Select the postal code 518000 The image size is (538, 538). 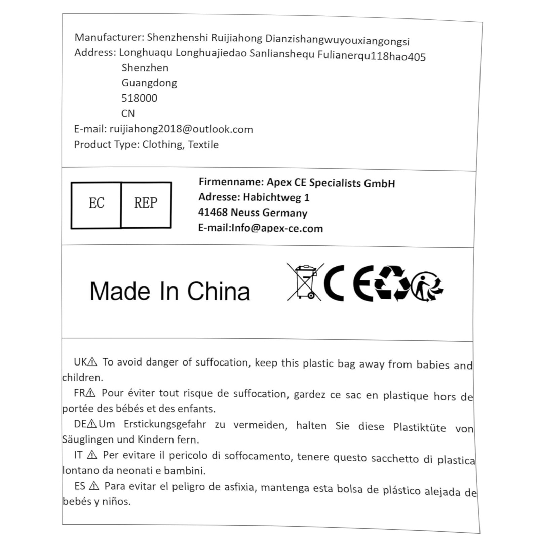(139, 98)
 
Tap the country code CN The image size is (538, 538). (128, 113)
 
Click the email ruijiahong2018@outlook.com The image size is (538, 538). (181, 129)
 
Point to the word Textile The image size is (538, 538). (203, 145)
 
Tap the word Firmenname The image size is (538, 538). (231, 182)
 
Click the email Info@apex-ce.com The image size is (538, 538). (277, 228)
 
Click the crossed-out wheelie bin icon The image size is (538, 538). (305, 282)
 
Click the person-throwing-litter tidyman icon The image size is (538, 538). (426, 286)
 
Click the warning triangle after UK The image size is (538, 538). (92, 362)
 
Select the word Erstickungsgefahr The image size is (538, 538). (165, 424)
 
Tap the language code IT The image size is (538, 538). (78, 455)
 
